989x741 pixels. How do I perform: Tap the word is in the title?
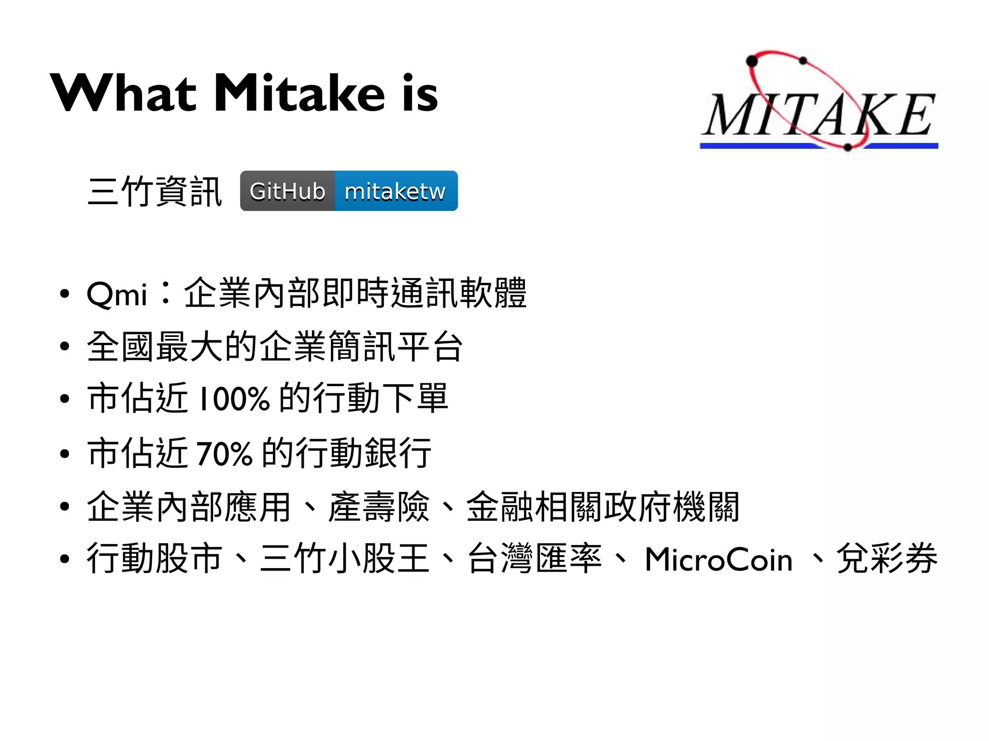(420, 93)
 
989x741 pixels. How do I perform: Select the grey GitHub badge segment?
(287, 191)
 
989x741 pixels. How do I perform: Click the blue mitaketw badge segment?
(396, 191)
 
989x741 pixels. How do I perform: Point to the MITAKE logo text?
(818, 115)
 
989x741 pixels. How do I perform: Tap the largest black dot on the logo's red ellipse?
(752, 61)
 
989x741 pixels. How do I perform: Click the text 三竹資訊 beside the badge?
(155, 192)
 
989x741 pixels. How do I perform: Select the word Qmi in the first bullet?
(116, 294)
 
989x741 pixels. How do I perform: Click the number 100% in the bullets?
(234, 399)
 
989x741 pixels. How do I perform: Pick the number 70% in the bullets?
(225, 453)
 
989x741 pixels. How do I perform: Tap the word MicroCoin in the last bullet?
(719, 559)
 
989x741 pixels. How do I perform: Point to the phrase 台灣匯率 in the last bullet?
(535, 559)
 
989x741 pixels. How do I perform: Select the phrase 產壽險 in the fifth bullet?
(379, 506)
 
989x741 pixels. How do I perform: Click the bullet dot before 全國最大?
(65, 347)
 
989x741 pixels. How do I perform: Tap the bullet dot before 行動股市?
(65, 559)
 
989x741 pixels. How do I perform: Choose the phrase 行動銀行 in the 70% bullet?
(363, 453)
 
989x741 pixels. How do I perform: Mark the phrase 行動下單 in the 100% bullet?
(381, 398)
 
